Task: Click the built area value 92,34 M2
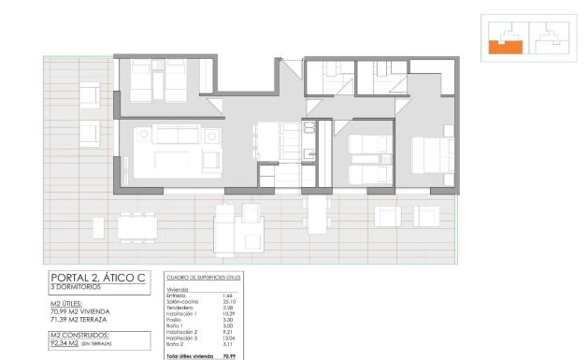coord(71,344)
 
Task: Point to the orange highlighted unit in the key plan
coord(505,42)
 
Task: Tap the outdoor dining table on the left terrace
coord(137,225)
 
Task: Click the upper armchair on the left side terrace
coord(91,94)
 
